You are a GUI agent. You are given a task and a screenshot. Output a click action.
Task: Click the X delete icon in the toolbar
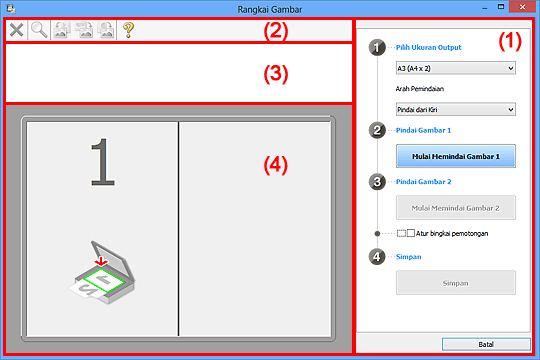click(x=16, y=30)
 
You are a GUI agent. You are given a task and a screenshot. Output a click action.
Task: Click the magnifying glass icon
click(x=39, y=30)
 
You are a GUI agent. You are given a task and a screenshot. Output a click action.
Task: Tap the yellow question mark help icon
click(x=128, y=30)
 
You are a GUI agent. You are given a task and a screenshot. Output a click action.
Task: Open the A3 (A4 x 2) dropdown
click(x=456, y=68)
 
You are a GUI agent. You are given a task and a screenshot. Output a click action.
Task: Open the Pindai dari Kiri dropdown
click(x=456, y=110)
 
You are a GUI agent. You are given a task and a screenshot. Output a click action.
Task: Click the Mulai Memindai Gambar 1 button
click(x=456, y=156)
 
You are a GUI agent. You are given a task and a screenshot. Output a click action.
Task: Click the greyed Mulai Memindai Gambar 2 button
click(x=456, y=208)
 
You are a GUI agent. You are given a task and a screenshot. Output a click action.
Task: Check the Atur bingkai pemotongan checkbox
click(x=411, y=233)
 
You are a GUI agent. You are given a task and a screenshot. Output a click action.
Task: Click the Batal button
click(x=486, y=344)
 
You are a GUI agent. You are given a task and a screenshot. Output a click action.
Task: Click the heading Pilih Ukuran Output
click(x=428, y=48)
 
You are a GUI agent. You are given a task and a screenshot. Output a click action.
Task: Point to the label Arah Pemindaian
click(x=419, y=89)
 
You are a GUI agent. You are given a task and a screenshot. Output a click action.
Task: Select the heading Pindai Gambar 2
click(x=423, y=182)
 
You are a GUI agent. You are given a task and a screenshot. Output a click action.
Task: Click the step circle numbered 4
click(x=377, y=257)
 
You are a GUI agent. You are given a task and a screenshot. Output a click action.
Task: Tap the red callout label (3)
click(x=276, y=74)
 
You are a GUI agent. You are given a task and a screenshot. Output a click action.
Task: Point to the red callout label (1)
click(x=510, y=41)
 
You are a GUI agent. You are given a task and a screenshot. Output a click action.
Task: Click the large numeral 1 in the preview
click(x=103, y=162)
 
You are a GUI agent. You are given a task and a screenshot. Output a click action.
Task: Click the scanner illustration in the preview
click(x=102, y=272)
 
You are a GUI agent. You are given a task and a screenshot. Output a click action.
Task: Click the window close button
click(x=522, y=7)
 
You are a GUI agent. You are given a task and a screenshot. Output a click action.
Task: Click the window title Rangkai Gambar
click(x=270, y=9)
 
